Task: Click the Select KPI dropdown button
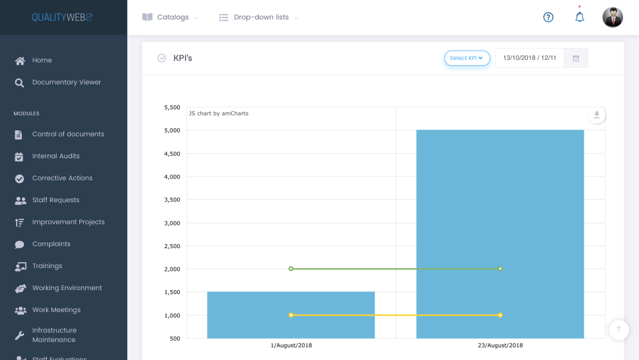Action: pos(467,59)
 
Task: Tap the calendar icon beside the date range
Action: pos(576,59)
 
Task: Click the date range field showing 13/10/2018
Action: pos(529,59)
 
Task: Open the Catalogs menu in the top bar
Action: pos(170,17)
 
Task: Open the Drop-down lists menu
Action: pos(259,17)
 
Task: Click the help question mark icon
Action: pos(548,17)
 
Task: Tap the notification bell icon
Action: pos(580,17)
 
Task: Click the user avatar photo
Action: pos(612,17)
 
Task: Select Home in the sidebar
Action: pos(41,61)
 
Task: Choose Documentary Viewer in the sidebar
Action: pos(66,83)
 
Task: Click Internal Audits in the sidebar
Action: pos(55,156)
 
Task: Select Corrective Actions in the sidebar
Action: pos(62,178)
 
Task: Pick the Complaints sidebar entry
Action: pos(51,244)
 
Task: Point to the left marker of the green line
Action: pos(291,269)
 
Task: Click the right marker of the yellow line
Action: pos(500,315)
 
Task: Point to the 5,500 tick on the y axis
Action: pos(171,107)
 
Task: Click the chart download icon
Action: pos(596,115)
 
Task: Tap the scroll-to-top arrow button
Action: pos(619,329)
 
